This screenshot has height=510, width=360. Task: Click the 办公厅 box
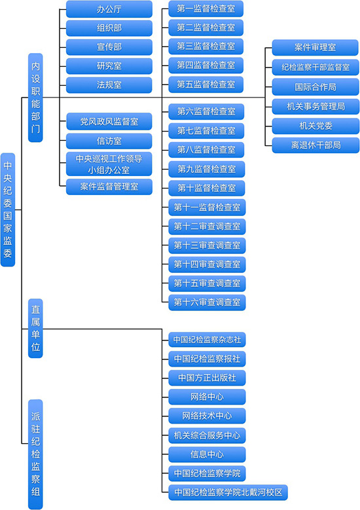(109, 9)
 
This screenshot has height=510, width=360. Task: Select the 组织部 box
(109, 28)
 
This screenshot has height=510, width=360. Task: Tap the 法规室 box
(109, 85)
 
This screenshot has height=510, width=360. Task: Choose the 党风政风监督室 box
(109, 122)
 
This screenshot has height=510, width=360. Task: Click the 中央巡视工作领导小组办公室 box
(109, 164)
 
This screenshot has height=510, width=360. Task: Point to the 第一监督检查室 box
(206, 9)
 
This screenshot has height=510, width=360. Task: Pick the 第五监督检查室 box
(206, 84)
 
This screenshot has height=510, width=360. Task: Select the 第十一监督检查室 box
(207, 208)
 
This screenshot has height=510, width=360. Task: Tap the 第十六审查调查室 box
(207, 302)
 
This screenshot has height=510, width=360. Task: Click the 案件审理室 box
(315, 48)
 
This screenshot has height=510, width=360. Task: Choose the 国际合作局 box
(315, 87)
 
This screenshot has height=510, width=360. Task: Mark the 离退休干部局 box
(315, 145)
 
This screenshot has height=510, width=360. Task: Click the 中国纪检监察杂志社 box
(207, 340)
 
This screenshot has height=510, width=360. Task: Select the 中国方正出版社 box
(207, 378)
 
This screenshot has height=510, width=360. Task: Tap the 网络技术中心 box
(207, 416)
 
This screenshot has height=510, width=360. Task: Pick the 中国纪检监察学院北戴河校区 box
(228, 492)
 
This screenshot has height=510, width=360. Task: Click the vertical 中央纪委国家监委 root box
(8, 209)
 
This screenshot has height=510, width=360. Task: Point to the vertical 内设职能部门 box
(35, 98)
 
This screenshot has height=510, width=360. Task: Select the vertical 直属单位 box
(35, 329)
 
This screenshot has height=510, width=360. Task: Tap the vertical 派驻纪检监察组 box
(35, 454)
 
